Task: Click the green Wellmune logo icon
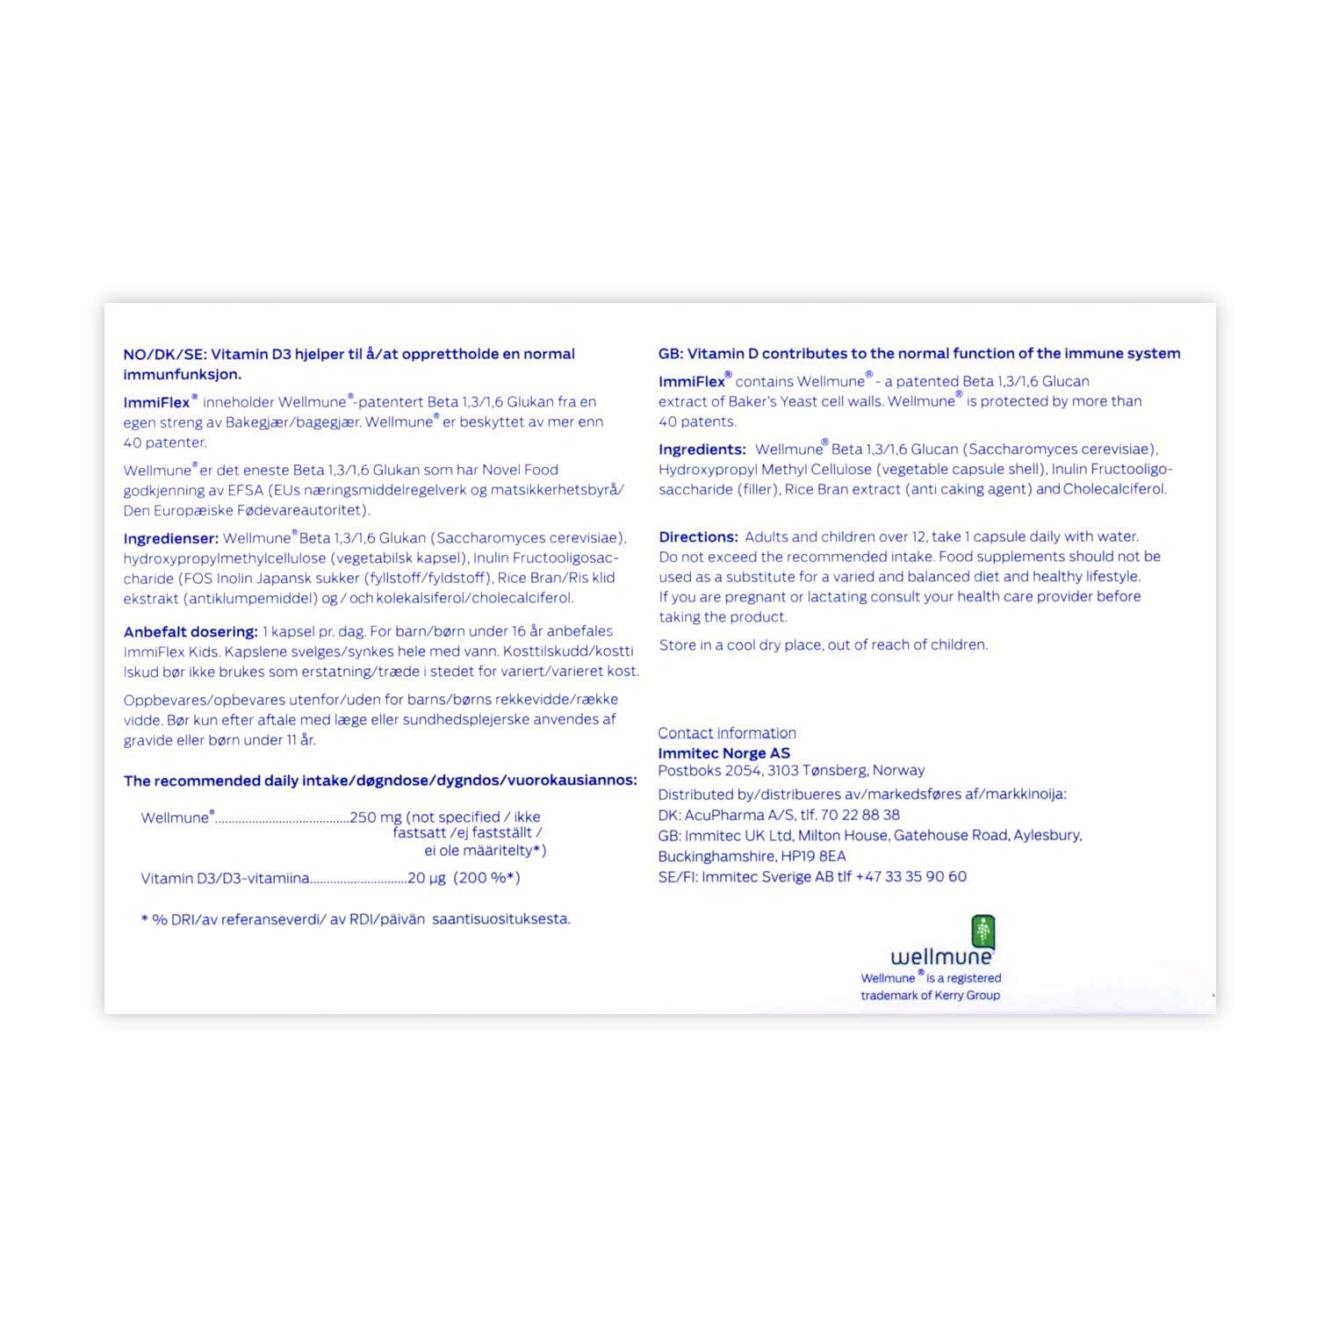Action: (x=982, y=931)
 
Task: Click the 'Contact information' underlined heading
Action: (x=727, y=733)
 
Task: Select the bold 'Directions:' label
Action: (x=698, y=536)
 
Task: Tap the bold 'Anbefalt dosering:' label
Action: (x=191, y=631)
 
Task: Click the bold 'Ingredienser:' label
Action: (x=170, y=538)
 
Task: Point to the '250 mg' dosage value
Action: (x=376, y=817)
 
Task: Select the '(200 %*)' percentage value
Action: (x=486, y=878)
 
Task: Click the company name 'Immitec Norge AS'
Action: (x=723, y=753)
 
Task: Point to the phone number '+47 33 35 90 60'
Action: (x=910, y=876)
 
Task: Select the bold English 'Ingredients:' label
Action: (x=702, y=450)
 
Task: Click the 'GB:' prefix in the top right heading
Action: (x=671, y=354)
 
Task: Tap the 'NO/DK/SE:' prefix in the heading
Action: (x=164, y=354)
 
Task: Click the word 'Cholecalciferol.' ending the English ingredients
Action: (x=1115, y=489)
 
